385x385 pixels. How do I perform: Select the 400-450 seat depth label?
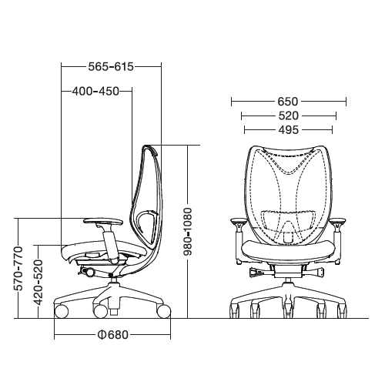95,91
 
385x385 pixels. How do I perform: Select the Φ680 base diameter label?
112,335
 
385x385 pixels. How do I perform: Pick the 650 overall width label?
289,102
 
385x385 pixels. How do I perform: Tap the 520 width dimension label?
289,115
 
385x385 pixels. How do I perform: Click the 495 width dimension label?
289,129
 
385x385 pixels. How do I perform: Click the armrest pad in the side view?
100,221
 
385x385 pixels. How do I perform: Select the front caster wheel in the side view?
61,310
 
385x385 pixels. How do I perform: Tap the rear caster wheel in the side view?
162,310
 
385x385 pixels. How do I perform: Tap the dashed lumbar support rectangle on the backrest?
289,219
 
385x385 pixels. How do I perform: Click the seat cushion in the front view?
289,248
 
